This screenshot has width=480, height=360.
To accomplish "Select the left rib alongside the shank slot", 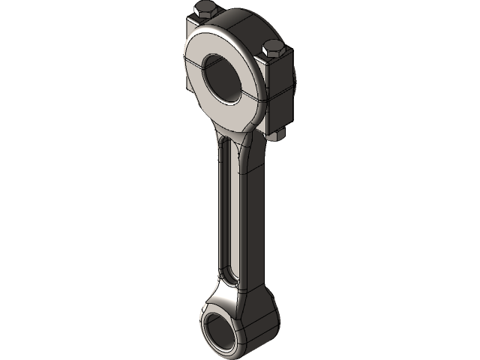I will tap(218, 210).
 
